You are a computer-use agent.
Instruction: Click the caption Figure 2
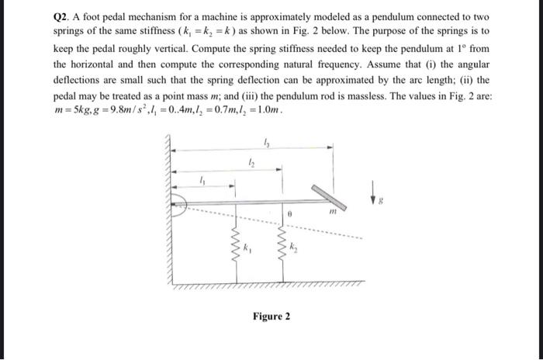271,317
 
